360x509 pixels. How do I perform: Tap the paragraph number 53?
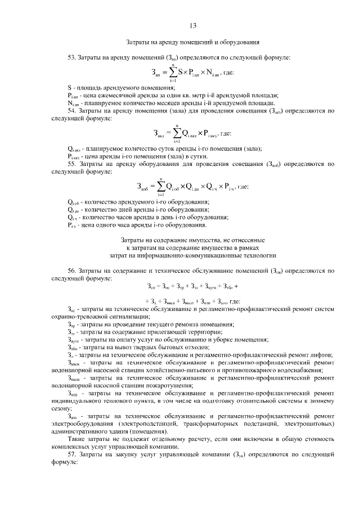[71, 57]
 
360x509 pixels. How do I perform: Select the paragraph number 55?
[71, 164]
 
